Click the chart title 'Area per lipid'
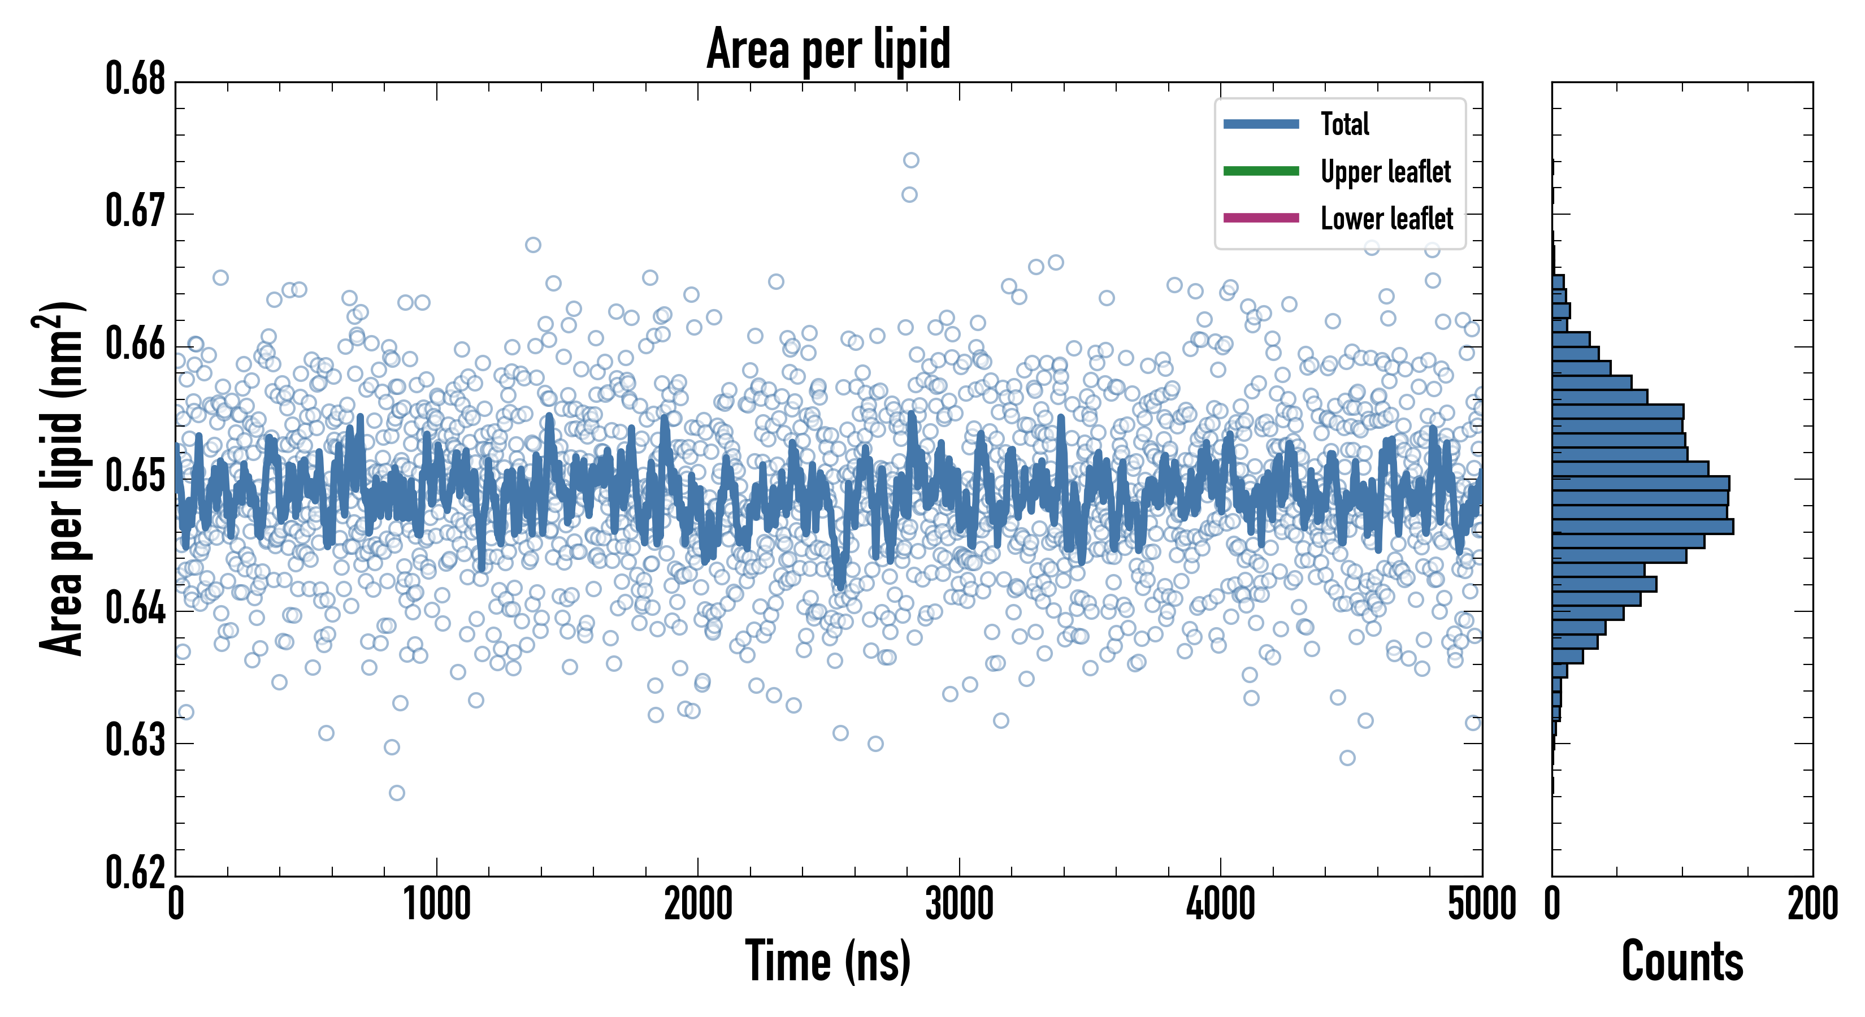coord(829,49)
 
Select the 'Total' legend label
coord(1344,124)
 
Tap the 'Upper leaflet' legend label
coord(1385,172)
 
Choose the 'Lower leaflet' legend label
coord(1386,219)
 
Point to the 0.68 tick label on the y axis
coord(136,79)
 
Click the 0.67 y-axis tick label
coord(136,211)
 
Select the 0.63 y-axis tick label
coord(136,741)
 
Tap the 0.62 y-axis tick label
coord(136,872)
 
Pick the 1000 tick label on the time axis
coord(436,905)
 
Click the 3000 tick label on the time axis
coord(959,905)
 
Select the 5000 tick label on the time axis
coord(1481,905)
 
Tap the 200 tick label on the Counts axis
coord(1812,905)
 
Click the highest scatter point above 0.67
coord(911,160)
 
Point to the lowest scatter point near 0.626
coord(397,793)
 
